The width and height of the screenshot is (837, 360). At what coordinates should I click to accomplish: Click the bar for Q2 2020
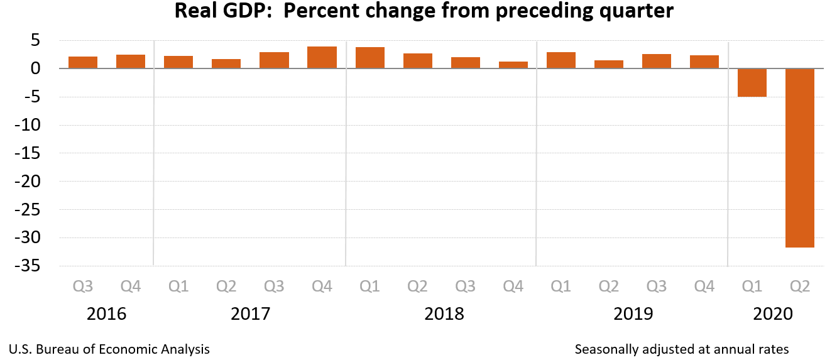pyautogui.click(x=800, y=158)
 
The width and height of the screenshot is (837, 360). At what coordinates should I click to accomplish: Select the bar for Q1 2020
pyautogui.click(x=752, y=82)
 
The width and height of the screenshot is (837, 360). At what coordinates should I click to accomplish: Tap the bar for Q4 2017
pyautogui.click(x=322, y=57)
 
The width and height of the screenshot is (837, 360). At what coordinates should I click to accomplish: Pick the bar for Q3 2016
pyautogui.click(x=83, y=62)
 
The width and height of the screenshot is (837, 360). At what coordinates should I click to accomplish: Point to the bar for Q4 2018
pyautogui.click(x=513, y=65)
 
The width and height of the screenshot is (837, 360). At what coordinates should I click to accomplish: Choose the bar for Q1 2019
pyautogui.click(x=561, y=60)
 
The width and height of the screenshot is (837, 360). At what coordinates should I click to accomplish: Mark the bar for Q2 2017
pyautogui.click(x=226, y=63)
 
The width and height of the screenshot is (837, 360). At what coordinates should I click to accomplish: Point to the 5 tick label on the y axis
pyautogui.click(x=35, y=40)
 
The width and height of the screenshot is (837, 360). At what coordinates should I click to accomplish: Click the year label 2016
pyautogui.click(x=107, y=314)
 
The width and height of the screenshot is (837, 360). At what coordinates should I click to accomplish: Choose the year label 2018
pyautogui.click(x=444, y=314)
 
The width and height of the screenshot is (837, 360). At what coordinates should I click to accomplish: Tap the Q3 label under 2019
pyautogui.click(x=657, y=286)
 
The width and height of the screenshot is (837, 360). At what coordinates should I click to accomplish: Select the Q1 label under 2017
pyautogui.click(x=178, y=286)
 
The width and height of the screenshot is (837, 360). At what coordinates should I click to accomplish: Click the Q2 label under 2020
pyautogui.click(x=800, y=286)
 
